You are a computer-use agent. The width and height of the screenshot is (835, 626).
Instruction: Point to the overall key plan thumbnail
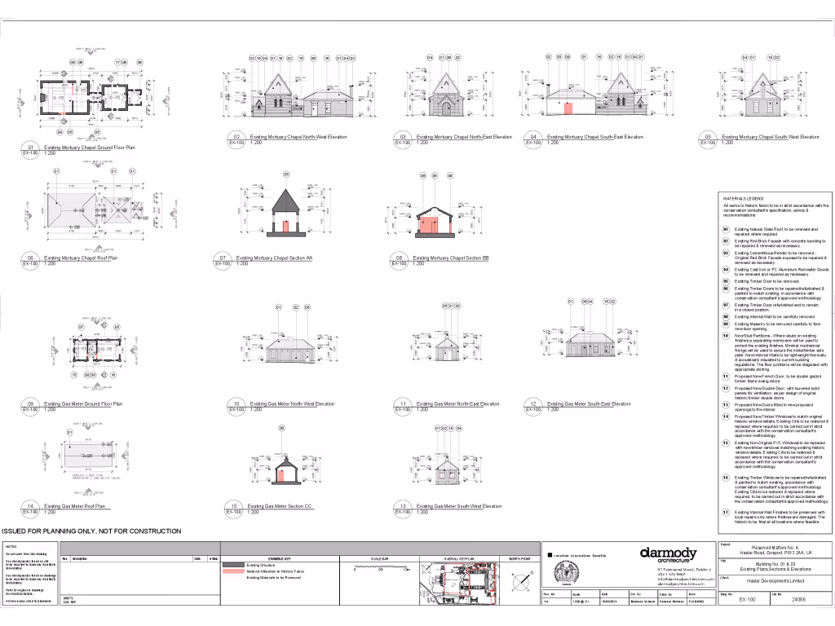[x=451, y=584]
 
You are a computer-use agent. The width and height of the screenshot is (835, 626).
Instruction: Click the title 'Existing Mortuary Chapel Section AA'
[x=274, y=258]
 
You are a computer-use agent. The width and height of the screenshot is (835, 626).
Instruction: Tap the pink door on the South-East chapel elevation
[x=568, y=107]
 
